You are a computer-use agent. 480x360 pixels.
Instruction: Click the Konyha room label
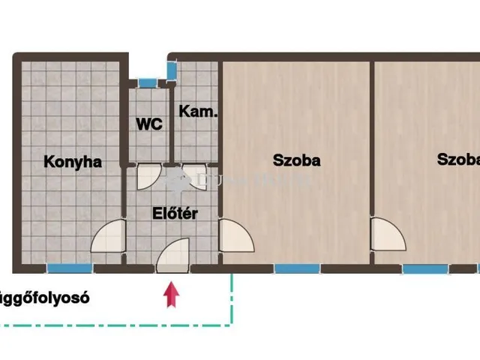pyautogui.click(x=72, y=161)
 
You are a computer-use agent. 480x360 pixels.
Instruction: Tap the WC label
pyautogui.click(x=149, y=124)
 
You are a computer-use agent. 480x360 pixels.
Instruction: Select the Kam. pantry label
pyautogui.click(x=198, y=112)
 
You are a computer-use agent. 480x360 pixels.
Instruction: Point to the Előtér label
pyautogui.click(x=175, y=214)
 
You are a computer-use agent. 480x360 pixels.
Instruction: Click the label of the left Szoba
pyautogui.click(x=296, y=160)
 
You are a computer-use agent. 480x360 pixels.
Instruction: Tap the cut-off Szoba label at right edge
pyautogui.click(x=458, y=160)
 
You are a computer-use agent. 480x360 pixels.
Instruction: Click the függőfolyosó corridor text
pyautogui.click(x=45, y=297)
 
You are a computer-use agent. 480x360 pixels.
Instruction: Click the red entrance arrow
pyautogui.click(x=172, y=293)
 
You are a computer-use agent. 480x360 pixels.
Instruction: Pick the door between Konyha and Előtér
pyautogui.click(x=107, y=236)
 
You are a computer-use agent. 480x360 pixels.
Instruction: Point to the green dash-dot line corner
pyautogui.click(x=231, y=324)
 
